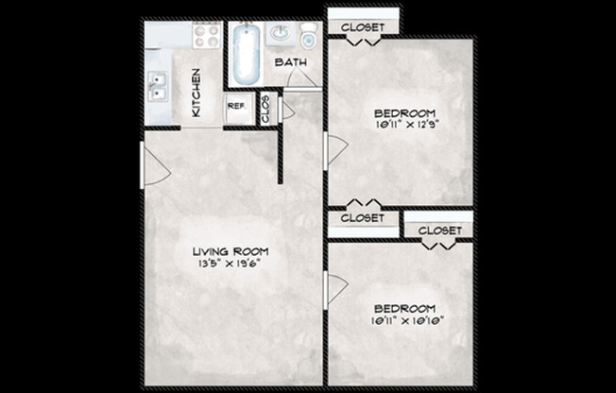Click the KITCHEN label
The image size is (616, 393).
pos(197,93)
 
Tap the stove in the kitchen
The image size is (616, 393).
pos(206,37)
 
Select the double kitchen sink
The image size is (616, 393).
pos(158,88)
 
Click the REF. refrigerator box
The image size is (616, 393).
pos(235,108)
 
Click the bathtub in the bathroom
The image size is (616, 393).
pos(246,53)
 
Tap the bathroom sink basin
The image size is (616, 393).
pos(281,35)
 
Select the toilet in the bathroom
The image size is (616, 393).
pos(309,39)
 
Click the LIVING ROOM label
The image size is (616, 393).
pos(231,251)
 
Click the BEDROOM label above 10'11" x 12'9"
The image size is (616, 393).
pos(404,111)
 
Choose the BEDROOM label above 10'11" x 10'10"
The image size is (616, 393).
pos(404,308)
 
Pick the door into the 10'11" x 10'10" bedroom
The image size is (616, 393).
pos(334,288)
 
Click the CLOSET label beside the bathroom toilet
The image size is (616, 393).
pos(363,27)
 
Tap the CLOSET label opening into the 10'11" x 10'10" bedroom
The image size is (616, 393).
pos(439,231)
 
